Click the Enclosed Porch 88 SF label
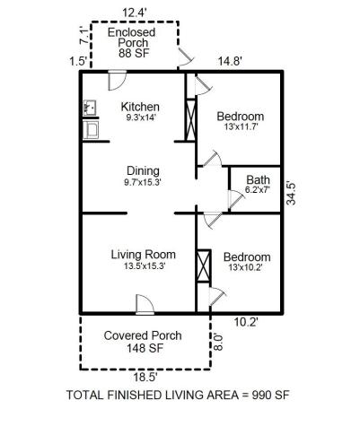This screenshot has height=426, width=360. tap(132, 42)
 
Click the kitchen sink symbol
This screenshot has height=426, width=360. tap(90, 107)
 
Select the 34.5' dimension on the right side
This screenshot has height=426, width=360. tap(292, 193)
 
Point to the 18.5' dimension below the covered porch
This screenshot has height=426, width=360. tap(143, 379)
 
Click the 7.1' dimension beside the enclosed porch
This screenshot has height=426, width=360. tap(82, 39)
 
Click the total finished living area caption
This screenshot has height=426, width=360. tap(179, 396)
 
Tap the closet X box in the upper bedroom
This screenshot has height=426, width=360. tap(189, 119)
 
